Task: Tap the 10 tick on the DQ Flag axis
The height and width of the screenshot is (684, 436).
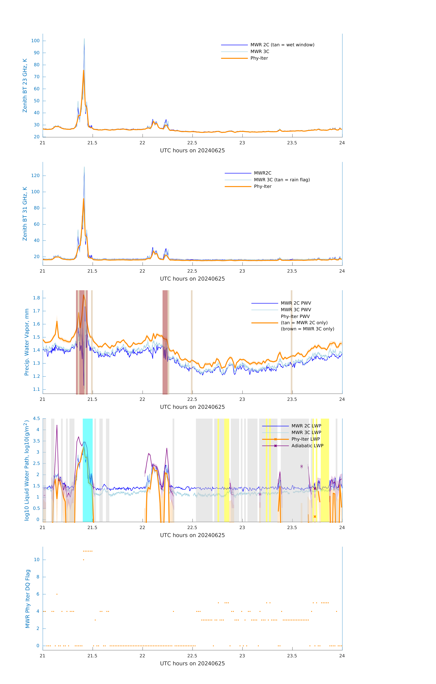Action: pyautogui.click(x=37, y=560)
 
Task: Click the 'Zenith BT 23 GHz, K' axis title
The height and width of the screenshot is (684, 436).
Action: pyautogui.click(x=25, y=85)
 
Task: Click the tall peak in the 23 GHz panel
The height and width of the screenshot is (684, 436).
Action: pyautogui.click(x=84, y=40)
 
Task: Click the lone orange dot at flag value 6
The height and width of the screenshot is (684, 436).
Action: pyautogui.click(x=57, y=594)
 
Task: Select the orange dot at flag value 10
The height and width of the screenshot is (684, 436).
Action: pyautogui.click(x=84, y=560)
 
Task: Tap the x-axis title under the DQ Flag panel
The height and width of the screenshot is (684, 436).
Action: pyautogui.click(x=192, y=664)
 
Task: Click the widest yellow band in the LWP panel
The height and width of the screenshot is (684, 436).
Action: pyautogui.click(x=325, y=470)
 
